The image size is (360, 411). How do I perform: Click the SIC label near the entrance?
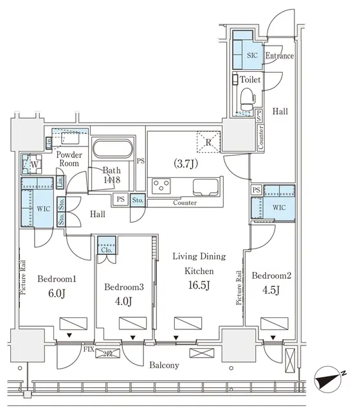tap(253, 55)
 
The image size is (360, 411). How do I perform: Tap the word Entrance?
tap(279, 56)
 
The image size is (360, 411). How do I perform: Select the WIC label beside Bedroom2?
tap(278, 208)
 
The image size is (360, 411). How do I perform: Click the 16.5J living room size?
tap(199, 284)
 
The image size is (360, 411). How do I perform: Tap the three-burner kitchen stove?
tap(161, 187)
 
